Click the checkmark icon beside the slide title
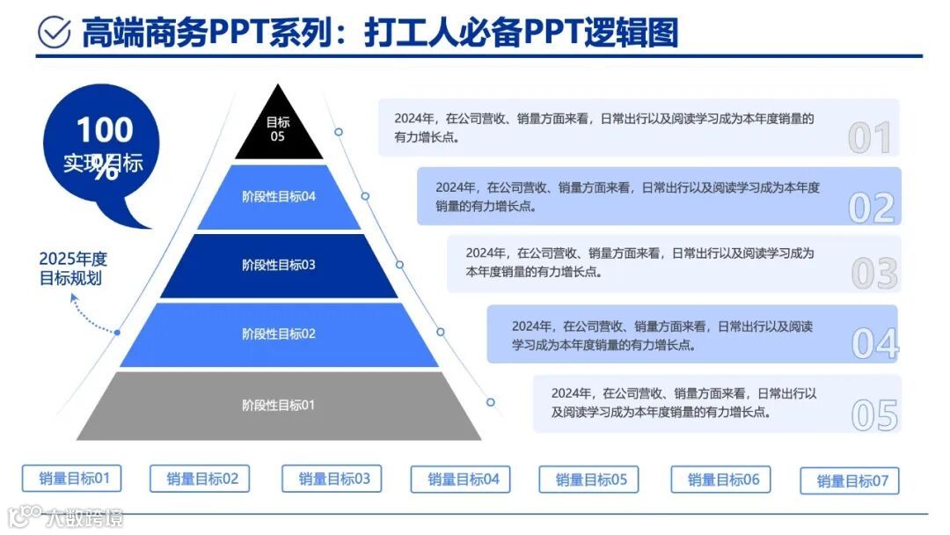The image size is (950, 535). point(55,32)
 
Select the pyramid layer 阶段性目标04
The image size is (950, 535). point(279,196)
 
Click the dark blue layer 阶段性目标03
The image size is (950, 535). point(279,265)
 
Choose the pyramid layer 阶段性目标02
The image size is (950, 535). point(279,334)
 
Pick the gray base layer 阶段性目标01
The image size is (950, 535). point(279,406)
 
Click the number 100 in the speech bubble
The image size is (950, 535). point(105,131)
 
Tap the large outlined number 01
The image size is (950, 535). point(870,137)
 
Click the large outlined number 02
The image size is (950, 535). point(872,207)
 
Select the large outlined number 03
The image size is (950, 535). point(874,274)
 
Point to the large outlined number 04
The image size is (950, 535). point(875,343)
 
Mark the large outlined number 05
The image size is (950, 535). point(875,415)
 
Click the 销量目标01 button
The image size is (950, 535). point(72,479)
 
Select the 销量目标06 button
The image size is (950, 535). point(720,480)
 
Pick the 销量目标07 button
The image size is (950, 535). point(850,481)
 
